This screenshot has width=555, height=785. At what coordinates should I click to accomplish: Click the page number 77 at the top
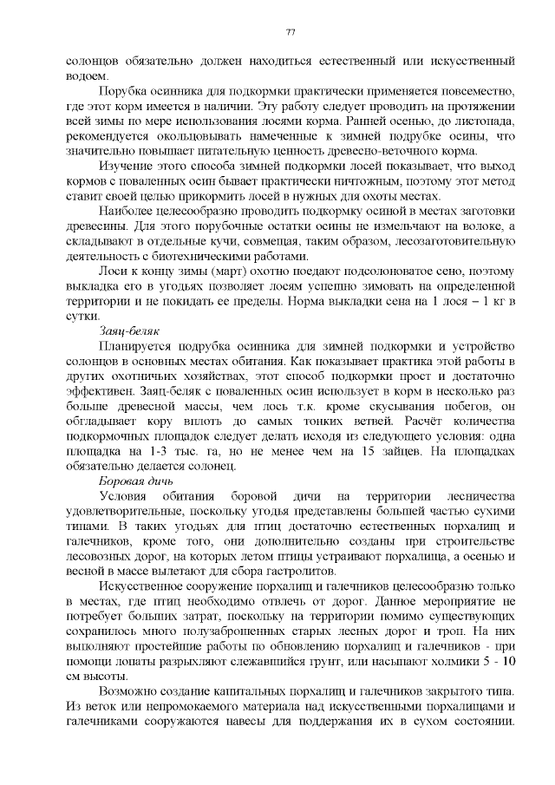pos(291,32)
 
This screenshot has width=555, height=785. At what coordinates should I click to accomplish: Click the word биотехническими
pos(225,256)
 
